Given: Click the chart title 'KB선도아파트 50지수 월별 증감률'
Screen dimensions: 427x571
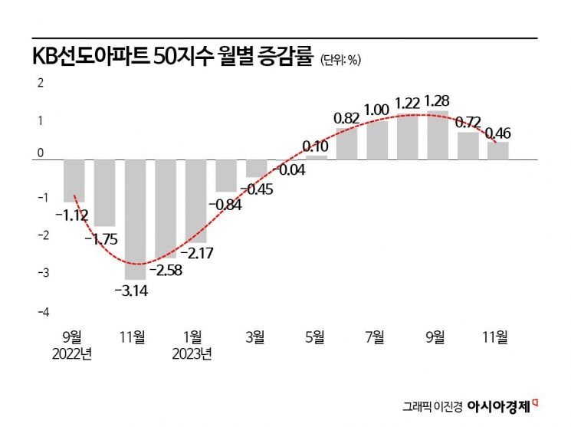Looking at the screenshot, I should (172, 57).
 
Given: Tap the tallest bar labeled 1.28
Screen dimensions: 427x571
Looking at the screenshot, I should (437, 135).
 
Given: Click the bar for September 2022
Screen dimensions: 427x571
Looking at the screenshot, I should (74, 180).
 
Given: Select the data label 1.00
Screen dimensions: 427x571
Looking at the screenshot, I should (376, 110).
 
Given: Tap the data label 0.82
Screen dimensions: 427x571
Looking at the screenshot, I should (346, 119).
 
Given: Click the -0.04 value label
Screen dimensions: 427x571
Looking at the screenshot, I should (288, 170).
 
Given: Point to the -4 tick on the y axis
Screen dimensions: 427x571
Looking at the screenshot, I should (44, 312).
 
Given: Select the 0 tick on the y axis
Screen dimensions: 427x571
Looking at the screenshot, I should (41, 159).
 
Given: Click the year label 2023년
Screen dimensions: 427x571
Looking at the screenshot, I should (194, 353).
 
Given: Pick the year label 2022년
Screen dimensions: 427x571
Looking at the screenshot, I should (73, 353).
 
